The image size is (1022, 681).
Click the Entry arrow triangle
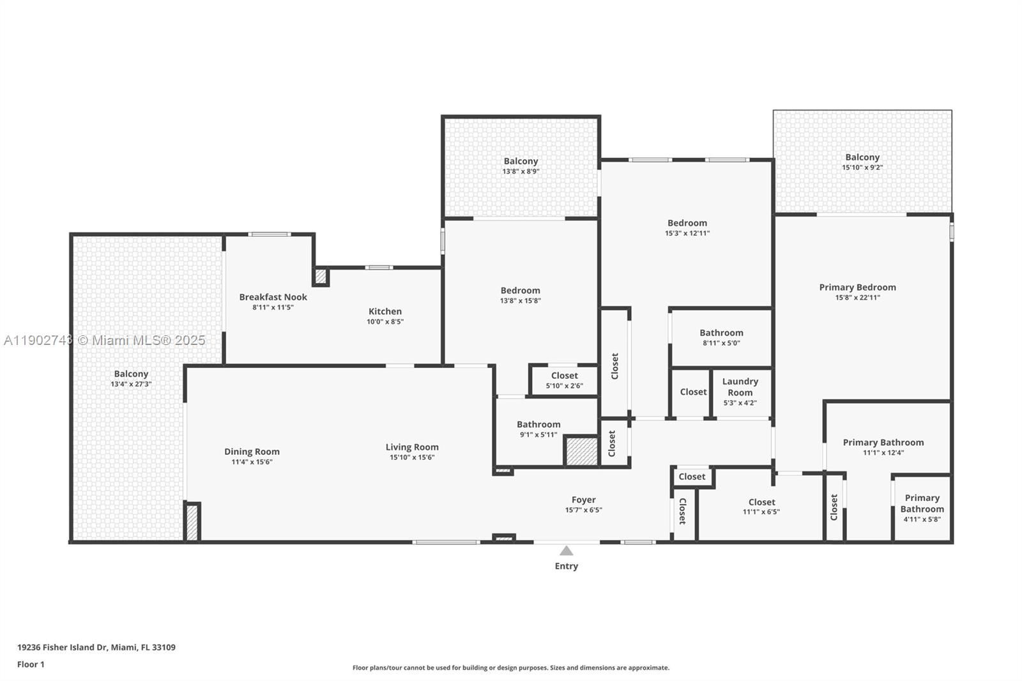coord(566,551)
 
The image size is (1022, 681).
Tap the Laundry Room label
coord(740,386)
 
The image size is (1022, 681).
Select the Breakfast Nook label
coord(273,297)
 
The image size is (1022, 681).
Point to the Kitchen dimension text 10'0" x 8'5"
coord(385,322)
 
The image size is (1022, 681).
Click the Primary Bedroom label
coord(857,287)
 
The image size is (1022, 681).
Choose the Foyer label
coord(583,500)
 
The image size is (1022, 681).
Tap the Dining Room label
coord(252,452)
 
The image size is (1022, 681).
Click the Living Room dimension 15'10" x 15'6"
coord(412,457)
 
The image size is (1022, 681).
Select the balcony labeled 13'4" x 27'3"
coord(131,378)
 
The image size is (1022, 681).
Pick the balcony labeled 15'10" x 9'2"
coord(862,162)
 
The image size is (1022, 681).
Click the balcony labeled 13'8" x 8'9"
coord(521,165)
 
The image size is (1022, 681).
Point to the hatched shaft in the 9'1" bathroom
coord(581,451)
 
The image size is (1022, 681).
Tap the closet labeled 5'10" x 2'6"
coord(564,380)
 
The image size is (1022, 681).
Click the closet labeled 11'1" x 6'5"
coord(761,507)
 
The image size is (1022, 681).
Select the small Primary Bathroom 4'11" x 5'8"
coord(922,508)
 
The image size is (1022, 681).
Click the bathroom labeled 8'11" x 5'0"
coord(721,337)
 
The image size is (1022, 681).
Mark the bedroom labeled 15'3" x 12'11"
coord(687,227)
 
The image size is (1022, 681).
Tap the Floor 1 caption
coord(31,664)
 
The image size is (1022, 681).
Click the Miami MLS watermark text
coord(105,340)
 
